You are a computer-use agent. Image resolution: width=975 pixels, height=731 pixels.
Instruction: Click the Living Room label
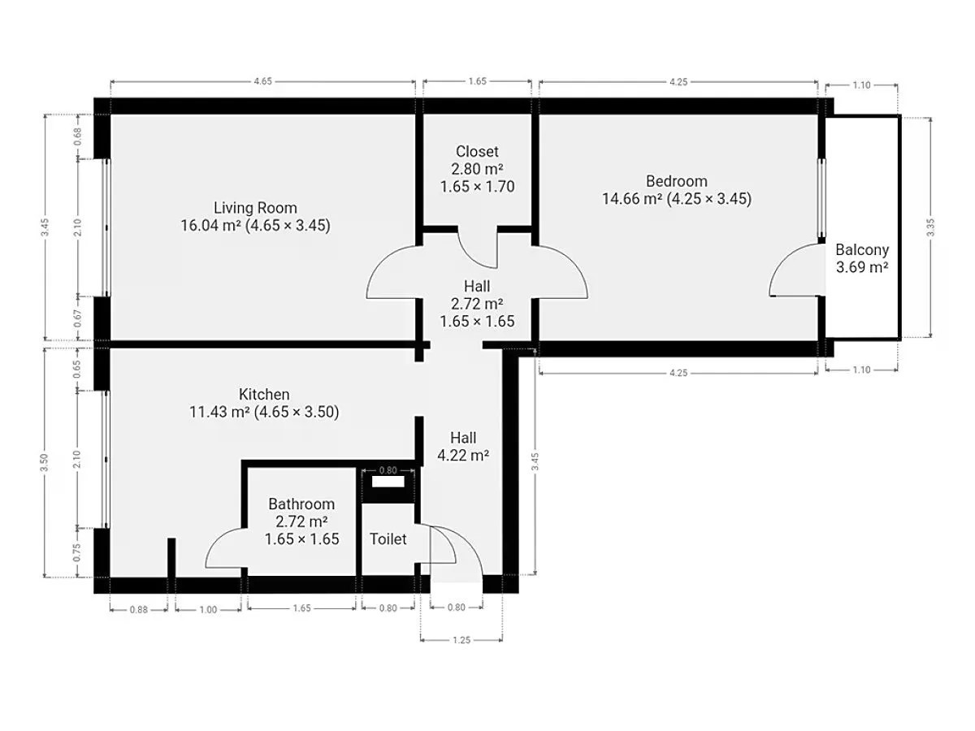pyautogui.click(x=255, y=208)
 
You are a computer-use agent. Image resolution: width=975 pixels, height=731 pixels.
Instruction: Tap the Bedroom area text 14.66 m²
pyautogui.click(x=632, y=198)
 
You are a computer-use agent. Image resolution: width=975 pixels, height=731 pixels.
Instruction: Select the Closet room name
pyautogui.click(x=477, y=151)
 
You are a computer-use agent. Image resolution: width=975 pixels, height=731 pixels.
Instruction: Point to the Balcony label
pyautogui.click(x=862, y=250)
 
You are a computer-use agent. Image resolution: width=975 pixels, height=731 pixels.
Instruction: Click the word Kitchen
pyautogui.click(x=264, y=394)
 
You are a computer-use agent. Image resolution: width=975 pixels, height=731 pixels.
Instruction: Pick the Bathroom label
pyautogui.click(x=301, y=504)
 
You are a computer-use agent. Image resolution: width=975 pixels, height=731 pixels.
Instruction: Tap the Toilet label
pyautogui.click(x=388, y=539)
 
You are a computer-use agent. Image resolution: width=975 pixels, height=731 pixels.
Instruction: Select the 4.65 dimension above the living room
pyautogui.click(x=262, y=81)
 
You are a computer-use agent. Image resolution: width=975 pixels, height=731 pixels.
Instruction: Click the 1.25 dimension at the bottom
pyautogui.click(x=461, y=640)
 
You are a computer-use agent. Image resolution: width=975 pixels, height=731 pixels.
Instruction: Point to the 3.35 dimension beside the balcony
pyautogui.click(x=930, y=227)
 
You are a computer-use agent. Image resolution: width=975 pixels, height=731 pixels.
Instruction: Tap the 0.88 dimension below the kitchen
pyautogui.click(x=139, y=609)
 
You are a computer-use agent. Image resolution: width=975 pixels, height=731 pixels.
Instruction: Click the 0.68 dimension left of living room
pyautogui.click(x=78, y=136)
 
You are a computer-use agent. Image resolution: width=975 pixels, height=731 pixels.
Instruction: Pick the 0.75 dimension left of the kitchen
pyautogui.click(x=77, y=552)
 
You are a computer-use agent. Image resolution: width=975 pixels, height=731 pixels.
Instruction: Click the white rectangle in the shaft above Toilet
pyautogui.click(x=388, y=482)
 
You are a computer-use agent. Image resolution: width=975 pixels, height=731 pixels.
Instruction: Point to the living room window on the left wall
pyautogui.click(x=106, y=227)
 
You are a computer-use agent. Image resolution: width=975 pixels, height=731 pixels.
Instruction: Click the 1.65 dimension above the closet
pyautogui.click(x=478, y=81)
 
